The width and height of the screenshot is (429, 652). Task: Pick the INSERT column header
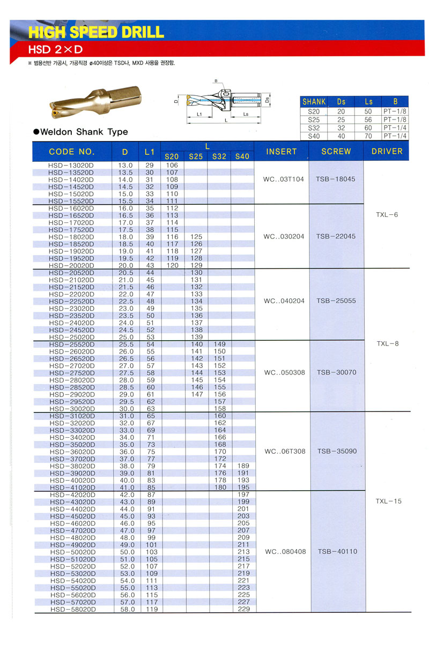[281, 152]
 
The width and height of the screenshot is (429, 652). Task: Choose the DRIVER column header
[387, 152]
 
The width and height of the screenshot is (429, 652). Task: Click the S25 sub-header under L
[195, 156]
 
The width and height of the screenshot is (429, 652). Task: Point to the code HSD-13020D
[71, 166]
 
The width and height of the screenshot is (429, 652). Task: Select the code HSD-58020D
[71, 609]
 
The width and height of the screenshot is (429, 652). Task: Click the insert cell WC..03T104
[283, 179]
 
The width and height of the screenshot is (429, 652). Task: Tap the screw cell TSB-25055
[336, 301]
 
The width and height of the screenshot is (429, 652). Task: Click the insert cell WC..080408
[283, 551]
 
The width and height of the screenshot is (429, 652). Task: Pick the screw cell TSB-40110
[336, 551]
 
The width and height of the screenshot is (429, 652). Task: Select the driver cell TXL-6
[387, 215]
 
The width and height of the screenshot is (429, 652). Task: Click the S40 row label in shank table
[314, 136]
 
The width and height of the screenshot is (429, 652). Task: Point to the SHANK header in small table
[314, 101]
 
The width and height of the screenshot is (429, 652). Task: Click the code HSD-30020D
[71, 409]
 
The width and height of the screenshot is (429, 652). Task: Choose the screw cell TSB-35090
[336, 451]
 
